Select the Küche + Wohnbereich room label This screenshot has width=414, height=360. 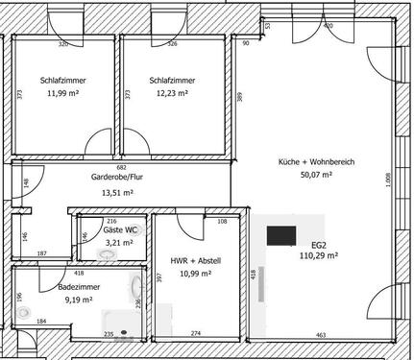(317, 161)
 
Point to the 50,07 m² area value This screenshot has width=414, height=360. (317, 176)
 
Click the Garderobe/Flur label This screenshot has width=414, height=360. (117, 178)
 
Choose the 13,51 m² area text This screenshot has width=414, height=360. (117, 192)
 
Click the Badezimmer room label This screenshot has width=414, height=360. (75, 286)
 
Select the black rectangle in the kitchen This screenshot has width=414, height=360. (280, 236)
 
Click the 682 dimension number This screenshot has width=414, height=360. (122, 166)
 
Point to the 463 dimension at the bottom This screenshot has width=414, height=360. (321, 335)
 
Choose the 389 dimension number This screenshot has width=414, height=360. (239, 97)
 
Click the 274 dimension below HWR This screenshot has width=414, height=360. (195, 333)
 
